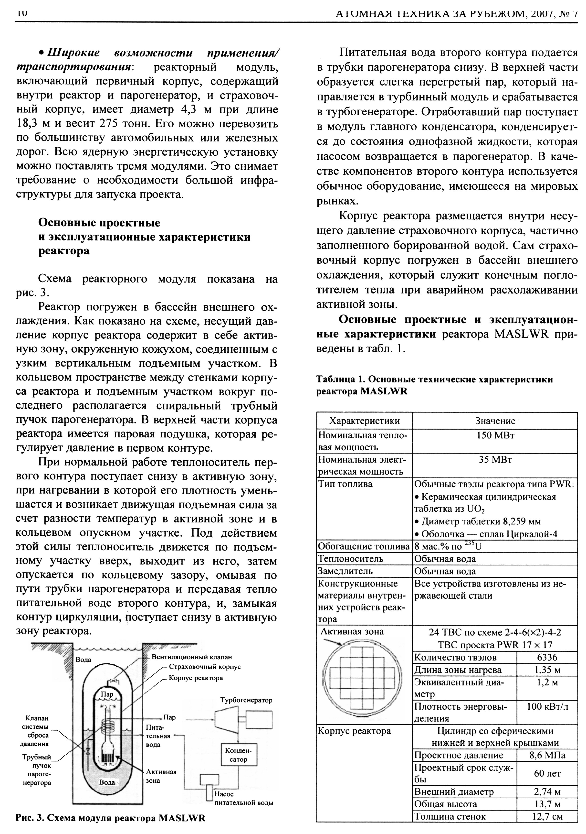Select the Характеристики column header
tap(364, 421)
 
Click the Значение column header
tap(495, 421)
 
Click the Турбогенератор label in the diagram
tap(246, 700)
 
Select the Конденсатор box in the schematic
tap(238, 755)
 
